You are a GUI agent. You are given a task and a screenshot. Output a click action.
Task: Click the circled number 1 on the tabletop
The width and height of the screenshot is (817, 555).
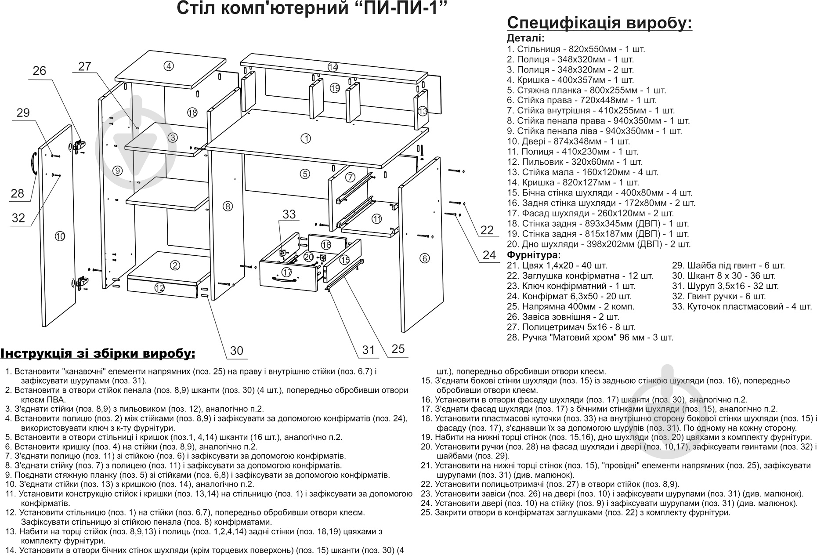(306, 138)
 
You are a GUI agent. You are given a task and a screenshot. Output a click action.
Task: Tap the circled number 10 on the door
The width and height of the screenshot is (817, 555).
(60, 236)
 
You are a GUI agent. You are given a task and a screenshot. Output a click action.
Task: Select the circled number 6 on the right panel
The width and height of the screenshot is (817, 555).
(424, 258)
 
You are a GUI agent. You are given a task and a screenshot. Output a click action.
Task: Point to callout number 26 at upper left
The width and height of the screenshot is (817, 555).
(40, 71)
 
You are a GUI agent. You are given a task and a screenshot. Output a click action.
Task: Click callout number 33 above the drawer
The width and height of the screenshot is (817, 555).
(289, 214)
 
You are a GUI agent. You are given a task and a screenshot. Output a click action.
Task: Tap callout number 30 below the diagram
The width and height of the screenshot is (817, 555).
(236, 351)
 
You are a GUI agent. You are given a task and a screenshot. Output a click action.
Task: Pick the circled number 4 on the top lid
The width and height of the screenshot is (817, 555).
(169, 66)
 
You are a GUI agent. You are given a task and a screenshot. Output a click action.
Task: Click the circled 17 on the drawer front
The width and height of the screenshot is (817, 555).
(287, 272)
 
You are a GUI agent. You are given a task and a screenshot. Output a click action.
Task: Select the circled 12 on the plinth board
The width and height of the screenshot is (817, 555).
(159, 288)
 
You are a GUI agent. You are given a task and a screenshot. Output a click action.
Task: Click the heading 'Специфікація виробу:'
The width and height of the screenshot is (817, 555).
(600, 23)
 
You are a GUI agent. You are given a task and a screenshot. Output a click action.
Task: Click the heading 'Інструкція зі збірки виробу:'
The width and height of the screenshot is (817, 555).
(98, 354)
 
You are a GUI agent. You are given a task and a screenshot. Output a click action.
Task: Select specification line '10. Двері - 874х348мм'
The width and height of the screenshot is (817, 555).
(568, 141)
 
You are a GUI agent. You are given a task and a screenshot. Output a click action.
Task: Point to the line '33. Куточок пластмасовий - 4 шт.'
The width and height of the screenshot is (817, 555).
(742, 307)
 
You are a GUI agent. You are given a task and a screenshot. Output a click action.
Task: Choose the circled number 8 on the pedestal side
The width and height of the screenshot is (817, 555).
(227, 206)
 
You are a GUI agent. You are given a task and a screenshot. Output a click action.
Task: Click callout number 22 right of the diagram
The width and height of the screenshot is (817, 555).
(487, 230)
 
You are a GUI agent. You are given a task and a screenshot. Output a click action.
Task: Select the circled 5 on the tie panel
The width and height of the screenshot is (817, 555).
(305, 174)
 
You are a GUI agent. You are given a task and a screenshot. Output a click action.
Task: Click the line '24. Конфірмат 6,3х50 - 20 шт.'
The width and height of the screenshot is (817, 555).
(569, 296)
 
